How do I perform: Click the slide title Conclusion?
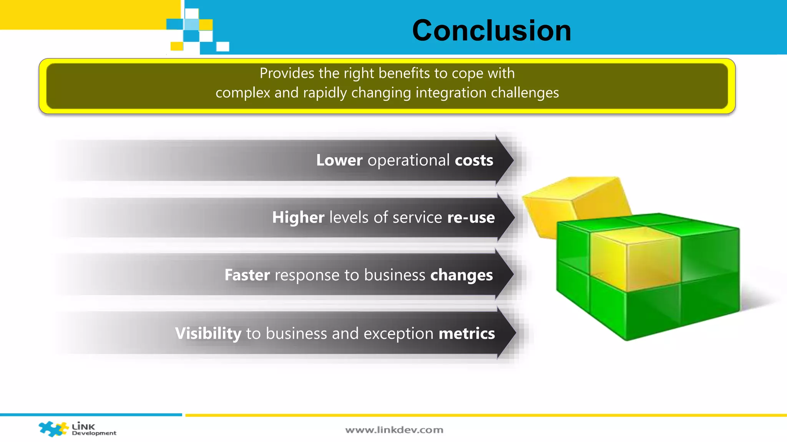tap(491, 30)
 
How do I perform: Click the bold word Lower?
tap(339, 160)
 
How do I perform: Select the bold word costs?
tap(474, 160)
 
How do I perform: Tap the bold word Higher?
tap(298, 218)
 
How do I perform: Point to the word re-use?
tap(471, 218)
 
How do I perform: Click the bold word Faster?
tap(247, 275)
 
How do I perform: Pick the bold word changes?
tap(461, 275)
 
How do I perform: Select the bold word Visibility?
tap(208, 333)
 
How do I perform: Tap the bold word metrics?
tap(467, 333)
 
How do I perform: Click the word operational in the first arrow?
tap(408, 160)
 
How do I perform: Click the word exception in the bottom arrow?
tap(398, 333)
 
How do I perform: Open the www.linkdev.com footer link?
tap(394, 430)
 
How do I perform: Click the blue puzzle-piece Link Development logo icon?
tap(53, 429)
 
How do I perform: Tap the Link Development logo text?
tap(93, 429)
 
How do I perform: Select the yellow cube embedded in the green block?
tap(634, 261)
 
